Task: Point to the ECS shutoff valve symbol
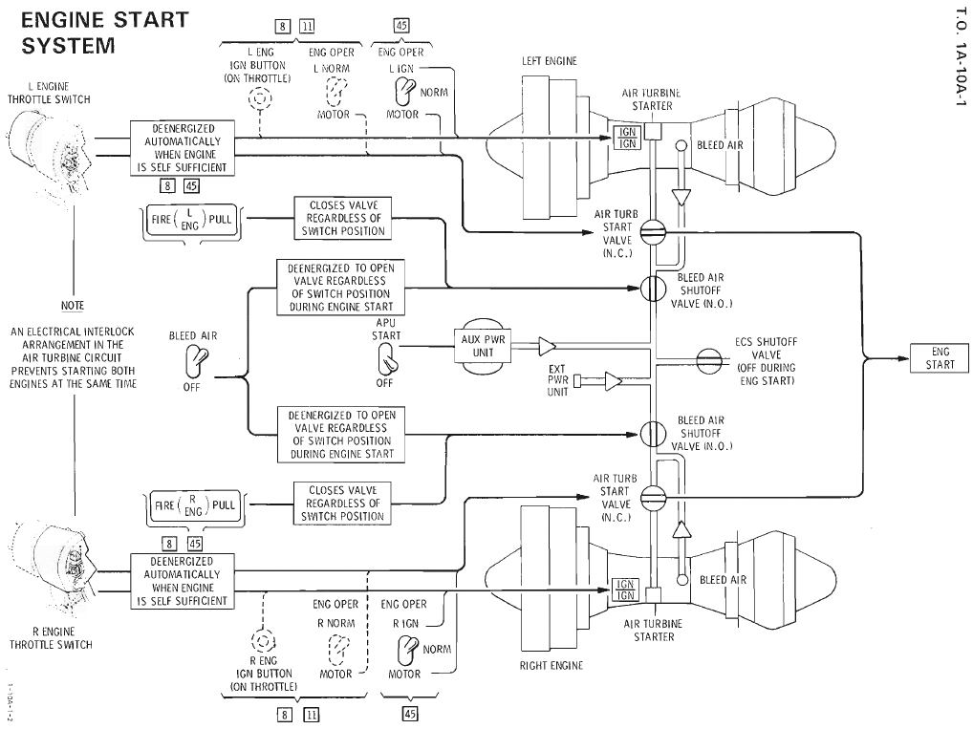tap(708, 358)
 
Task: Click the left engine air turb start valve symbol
tap(653, 231)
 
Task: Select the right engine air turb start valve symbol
tap(653, 495)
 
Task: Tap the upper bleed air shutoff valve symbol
tap(653, 287)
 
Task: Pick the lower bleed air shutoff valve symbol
tap(653, 432)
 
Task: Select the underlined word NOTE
tap(72, 306)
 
